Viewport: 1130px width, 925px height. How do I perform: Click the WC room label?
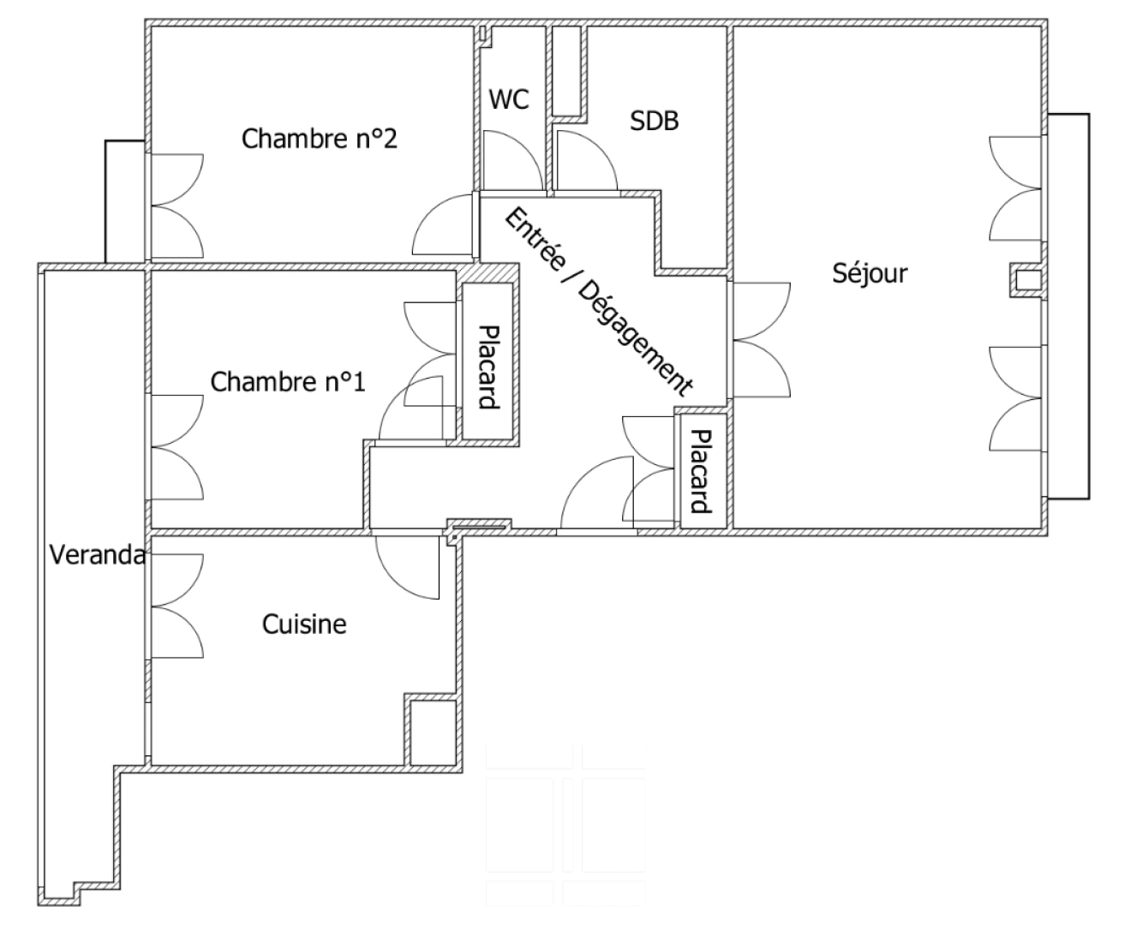(x=509, y=99)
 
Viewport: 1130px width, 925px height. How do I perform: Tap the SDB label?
(x=654, y=122)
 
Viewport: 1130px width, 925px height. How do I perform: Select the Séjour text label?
(x=869, y=273)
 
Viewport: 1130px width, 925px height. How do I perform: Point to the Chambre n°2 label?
(x=319, y=139)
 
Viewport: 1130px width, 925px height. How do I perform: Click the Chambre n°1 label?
(x=287, y=382)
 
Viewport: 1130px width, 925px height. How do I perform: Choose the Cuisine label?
(x=304, y=624)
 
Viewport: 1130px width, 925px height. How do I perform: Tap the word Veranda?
(x=96, y=556)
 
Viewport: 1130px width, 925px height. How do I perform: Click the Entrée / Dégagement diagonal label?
(x=597, y=301)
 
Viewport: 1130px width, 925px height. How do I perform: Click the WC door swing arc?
(x=512, y=161)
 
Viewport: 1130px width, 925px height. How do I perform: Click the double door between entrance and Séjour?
(x=759, y=340)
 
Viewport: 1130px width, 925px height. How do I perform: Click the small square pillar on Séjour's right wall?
(x=1025, y=280)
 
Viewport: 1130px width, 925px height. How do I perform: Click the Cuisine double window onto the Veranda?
(x=176, y=606)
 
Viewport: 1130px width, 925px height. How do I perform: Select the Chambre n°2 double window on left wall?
(x=177, y=206)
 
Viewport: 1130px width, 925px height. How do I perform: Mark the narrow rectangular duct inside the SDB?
(x=565, y=70)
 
